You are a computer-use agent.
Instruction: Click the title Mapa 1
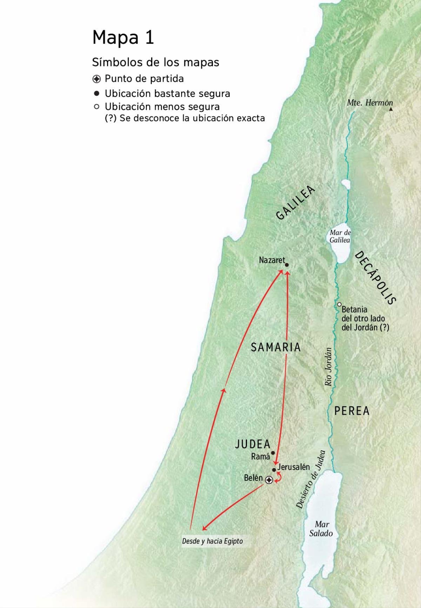click(x=123, y=37)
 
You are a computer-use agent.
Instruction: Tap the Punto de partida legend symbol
click(x=97, y=79)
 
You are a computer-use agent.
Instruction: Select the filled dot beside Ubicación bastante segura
click(x=97, y=94)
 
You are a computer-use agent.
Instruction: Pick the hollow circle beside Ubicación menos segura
click(x=97, y=107)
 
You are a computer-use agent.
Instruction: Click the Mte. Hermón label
click(x=369, y=103)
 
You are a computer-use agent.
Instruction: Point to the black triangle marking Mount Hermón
click(x=391, y=109)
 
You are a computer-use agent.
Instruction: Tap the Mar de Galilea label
click(x=340, y=236)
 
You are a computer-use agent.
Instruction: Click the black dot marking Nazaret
click(x=287, y=265)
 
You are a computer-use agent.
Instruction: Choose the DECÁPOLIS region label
click(x=375, y=278)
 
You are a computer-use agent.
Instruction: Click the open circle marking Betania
click(x=340, y=304)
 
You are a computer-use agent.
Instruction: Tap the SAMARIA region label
click(x=276, y=347)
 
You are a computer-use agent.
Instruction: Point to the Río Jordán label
click(x=328, y=367)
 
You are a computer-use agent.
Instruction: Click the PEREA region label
click(x=352, y=411)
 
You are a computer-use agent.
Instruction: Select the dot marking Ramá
click(x=273, y=453)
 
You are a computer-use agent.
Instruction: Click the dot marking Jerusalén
click(x=274, y=470)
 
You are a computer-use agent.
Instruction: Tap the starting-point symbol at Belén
click(x=269, y=480)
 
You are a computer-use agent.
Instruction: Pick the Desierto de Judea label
click(x=311, y=479)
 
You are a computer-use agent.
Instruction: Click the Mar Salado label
click(x=321, y=529)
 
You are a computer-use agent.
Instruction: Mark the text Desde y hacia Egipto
click(x=212, y=541)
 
